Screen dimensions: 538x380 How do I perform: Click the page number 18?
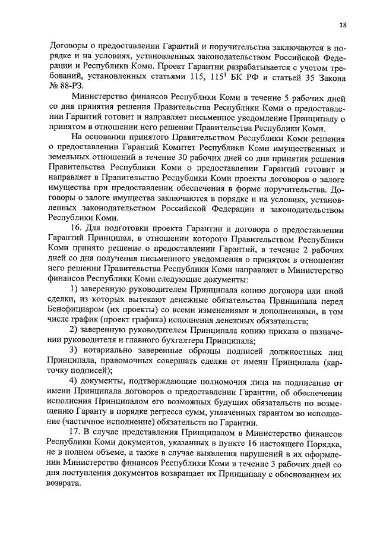click(x=343, y=24)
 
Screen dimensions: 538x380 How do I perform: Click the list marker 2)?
click(x=75, y=344)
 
